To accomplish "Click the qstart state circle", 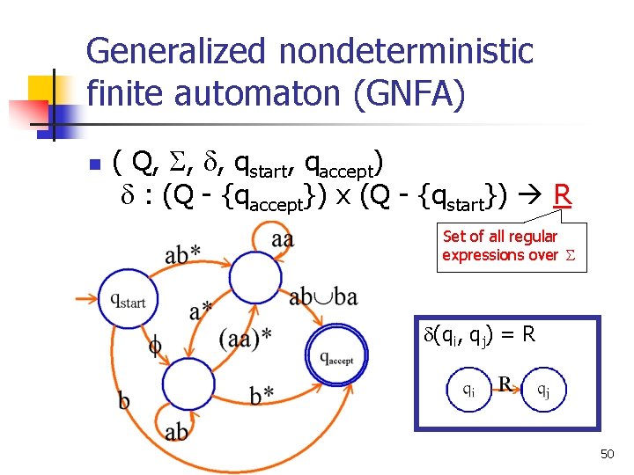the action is tap(129, 297).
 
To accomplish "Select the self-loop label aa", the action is tap(282, 238).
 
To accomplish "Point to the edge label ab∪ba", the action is tap(323, 297).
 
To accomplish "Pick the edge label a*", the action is tap(201, 311).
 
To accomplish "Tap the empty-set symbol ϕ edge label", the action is tap(155, 346).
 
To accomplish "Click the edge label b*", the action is tap(262, 395).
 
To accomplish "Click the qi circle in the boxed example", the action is tap(471, 390).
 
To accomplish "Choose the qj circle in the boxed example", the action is tap(544, 390).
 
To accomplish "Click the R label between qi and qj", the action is tap(505, 384).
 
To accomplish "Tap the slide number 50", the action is tap(607, 454).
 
